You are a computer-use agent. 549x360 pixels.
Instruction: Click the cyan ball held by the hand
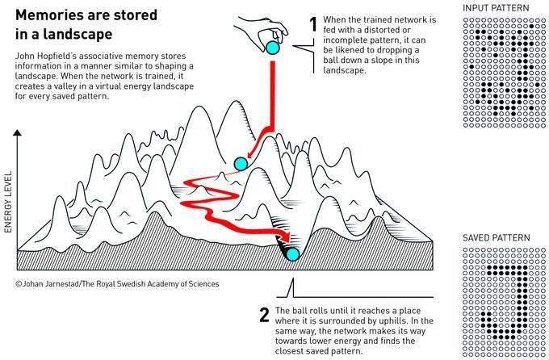(x=272, y=48)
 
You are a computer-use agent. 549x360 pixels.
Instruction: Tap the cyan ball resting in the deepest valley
(x=292, y=254)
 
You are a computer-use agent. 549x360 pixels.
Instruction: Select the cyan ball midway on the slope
(x=241, y=164)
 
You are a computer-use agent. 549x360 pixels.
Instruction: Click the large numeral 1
(x=313, y=24)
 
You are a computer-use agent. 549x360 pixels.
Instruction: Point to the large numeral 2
(x=264, y=315)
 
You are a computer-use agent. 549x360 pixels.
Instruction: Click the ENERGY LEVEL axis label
(x=8, y=202)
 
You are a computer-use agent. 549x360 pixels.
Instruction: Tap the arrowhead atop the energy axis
(x=17, y=132)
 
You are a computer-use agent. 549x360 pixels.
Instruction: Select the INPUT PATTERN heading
(x=496, y=8)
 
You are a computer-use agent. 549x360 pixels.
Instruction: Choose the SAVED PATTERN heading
(x=497, y=238)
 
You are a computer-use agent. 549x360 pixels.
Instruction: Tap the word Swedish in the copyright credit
(x=155, y=283)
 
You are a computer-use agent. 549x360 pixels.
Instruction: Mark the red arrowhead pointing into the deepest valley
(x=286, y=236)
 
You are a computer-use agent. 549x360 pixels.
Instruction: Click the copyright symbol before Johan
(x=19, y=283)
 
